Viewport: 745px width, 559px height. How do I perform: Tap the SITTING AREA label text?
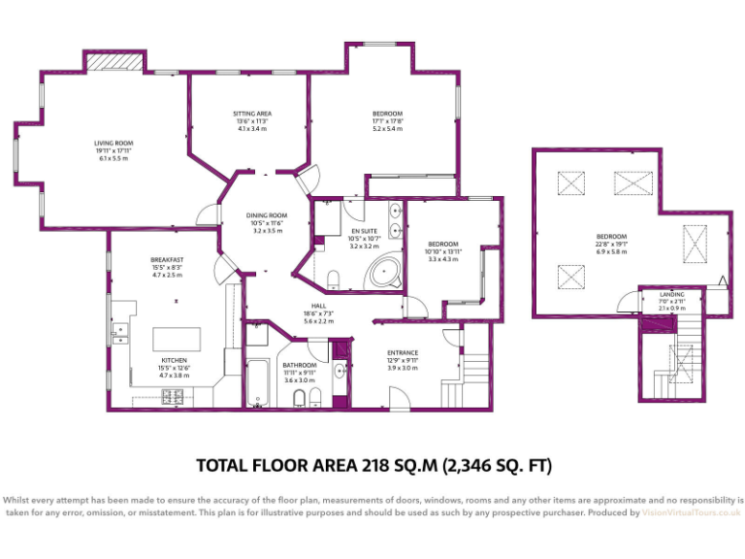coord(252,114)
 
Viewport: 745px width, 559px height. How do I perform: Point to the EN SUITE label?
coord(364,231)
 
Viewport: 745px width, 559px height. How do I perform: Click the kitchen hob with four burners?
coord(175,395)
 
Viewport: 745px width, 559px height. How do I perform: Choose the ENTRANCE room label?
coord(403,352)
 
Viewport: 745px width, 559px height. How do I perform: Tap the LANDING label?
coord(672,294)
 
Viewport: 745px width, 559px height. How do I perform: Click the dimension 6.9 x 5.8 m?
coord(611,251)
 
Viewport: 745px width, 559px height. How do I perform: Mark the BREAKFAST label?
coord(167,260)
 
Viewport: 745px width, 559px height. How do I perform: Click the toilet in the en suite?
coord(334,280)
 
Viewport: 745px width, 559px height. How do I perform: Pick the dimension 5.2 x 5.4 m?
coord(387,128)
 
